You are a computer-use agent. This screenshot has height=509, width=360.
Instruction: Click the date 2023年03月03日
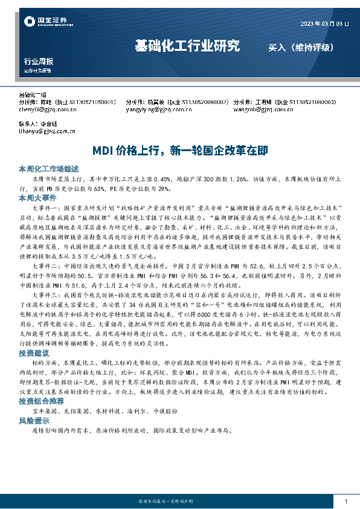(324, 24)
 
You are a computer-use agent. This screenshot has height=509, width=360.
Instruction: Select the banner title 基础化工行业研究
(187, 46)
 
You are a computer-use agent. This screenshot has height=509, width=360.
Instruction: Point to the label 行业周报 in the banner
(38, 62)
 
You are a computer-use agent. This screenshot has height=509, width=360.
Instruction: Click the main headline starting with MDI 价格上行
(180, 150)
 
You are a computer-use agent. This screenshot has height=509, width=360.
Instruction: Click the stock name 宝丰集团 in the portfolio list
(48, 394)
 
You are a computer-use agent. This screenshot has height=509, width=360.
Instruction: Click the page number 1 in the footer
(346, 502)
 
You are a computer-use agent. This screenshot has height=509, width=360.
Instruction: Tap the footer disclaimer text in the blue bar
(180, 502)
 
